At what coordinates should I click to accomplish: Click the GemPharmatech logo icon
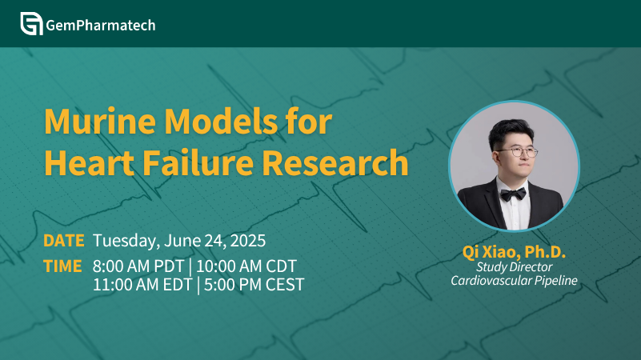tap(31, 24)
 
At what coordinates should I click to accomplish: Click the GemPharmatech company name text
tap(101, 26)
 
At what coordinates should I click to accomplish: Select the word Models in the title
tap(221, 122)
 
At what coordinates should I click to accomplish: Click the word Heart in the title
tap(89, 162)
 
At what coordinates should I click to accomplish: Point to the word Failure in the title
tap(198, 162)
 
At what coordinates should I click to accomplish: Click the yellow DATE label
tap(64, 241)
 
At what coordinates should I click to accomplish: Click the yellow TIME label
tap(62, 266)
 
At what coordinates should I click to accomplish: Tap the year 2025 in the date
tap(248, 241)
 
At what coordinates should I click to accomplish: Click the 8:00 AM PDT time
tap(138, 266)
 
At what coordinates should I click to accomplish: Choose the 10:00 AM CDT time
tap(246, 266)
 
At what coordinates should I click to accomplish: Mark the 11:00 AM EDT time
tap(142, 285)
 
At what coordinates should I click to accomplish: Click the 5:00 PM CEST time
tap(254, 285)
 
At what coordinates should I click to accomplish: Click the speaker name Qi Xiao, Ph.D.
tap(514, 252)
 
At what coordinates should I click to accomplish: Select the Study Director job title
tap(515, 267)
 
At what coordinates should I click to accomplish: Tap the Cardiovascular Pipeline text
tap(514, 280)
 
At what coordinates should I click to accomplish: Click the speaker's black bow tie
tap(513, 194)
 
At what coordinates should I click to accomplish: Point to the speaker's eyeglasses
tap(518, 153)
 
